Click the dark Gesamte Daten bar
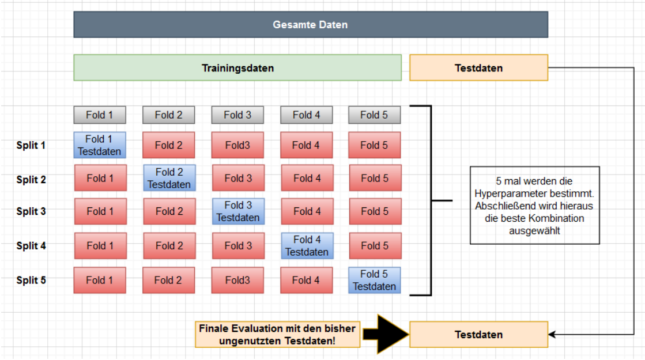(x=310, y=25)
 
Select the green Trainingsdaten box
(x=237, y=68)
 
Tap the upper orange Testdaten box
(x=478, y=68)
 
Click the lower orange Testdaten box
(x=478, y=335)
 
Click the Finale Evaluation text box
(x=278, y=335)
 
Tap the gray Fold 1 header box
(x=100, y=115)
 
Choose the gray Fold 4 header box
(x=306, y=115)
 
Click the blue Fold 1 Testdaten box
(x=100, y=145)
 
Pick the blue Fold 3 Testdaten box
(x=237, y=211)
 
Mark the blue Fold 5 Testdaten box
(x=374, y=281)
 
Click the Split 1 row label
(x=31, y=145)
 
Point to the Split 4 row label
(x=31, y=246)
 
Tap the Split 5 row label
(x=31, y=281)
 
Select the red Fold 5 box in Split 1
(x=374, y=145)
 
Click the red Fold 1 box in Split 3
(x=100, y=211)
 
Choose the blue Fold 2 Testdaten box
(x=169, y=178)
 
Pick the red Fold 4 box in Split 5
(x=306, y=281)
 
